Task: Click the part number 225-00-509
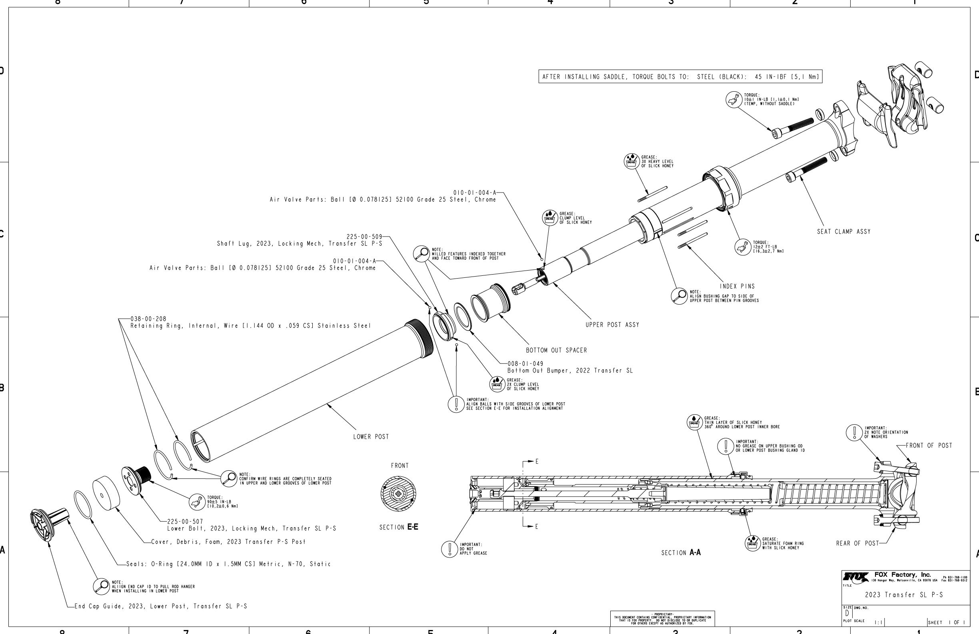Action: [x=364, y=237]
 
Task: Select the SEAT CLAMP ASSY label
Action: [x=844, y=232]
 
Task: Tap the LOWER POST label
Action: [x=371, y=437]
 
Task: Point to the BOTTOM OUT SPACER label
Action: [x=556, y=350]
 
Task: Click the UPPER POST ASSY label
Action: [x=612, y=325]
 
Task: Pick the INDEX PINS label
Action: [x=737, y=286]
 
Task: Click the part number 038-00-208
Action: [x=148, y=319]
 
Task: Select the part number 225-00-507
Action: [x=185, y=522]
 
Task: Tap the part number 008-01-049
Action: [x=525, y=364]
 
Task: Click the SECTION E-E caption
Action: [x=398, y=527]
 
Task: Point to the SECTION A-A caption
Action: [x=681, y=553]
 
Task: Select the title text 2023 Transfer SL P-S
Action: [x=904, y=595]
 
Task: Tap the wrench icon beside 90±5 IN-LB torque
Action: [x=197, y=502]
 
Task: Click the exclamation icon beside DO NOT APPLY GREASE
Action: [x=450, y=549]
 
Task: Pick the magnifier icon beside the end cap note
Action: [x=101, y=587]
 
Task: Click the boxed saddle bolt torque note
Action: [x=680, y=76]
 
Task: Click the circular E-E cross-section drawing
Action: [x=398, y=494]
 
